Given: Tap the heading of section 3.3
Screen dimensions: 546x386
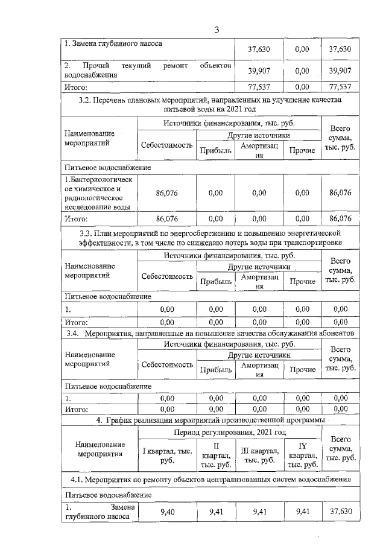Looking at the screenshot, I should [x=210, y=237].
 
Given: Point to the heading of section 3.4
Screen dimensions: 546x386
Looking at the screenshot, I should [x=210, y=333].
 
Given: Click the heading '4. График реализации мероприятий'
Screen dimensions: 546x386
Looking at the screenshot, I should [x=210, y=419].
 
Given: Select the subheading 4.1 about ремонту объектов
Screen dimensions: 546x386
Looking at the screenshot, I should [x=210, y=480].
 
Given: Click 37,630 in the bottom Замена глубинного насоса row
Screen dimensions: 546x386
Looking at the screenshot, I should [x=341, y=513].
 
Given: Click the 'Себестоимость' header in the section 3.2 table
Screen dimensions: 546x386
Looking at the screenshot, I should [x=167, y=146].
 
